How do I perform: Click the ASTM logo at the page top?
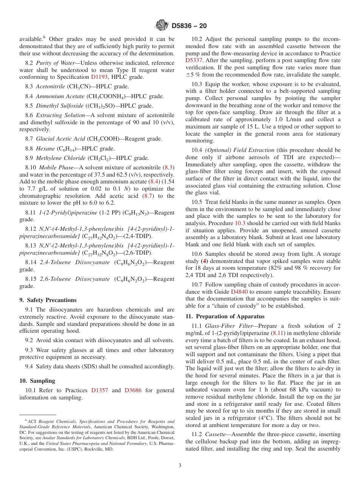(x=162, y=25)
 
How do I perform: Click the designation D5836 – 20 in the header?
(x=189, y=26)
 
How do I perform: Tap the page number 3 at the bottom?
(x=180, y=466)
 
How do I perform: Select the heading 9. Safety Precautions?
(x=48, y=300)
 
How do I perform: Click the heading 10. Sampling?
(x=37, y=381)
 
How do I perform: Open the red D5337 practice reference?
(x=194, y=61)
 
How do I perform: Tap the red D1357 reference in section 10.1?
(x=99, y=390)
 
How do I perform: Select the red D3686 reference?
(x=133, y=390)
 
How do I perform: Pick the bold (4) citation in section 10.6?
(x=204, y=261)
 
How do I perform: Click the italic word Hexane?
(x=45, y=149)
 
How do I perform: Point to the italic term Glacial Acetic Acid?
(x=61, y=139)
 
